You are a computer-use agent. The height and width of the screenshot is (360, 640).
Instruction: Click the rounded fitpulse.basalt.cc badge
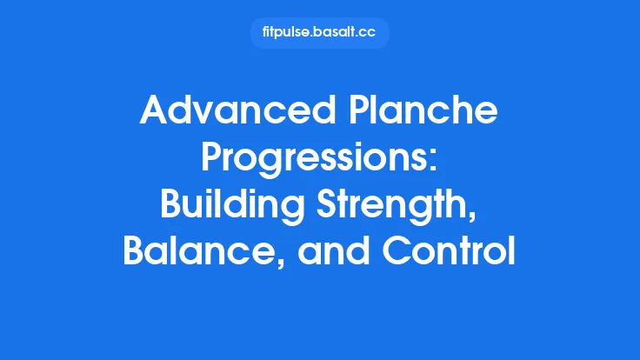(x=319, y=33)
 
